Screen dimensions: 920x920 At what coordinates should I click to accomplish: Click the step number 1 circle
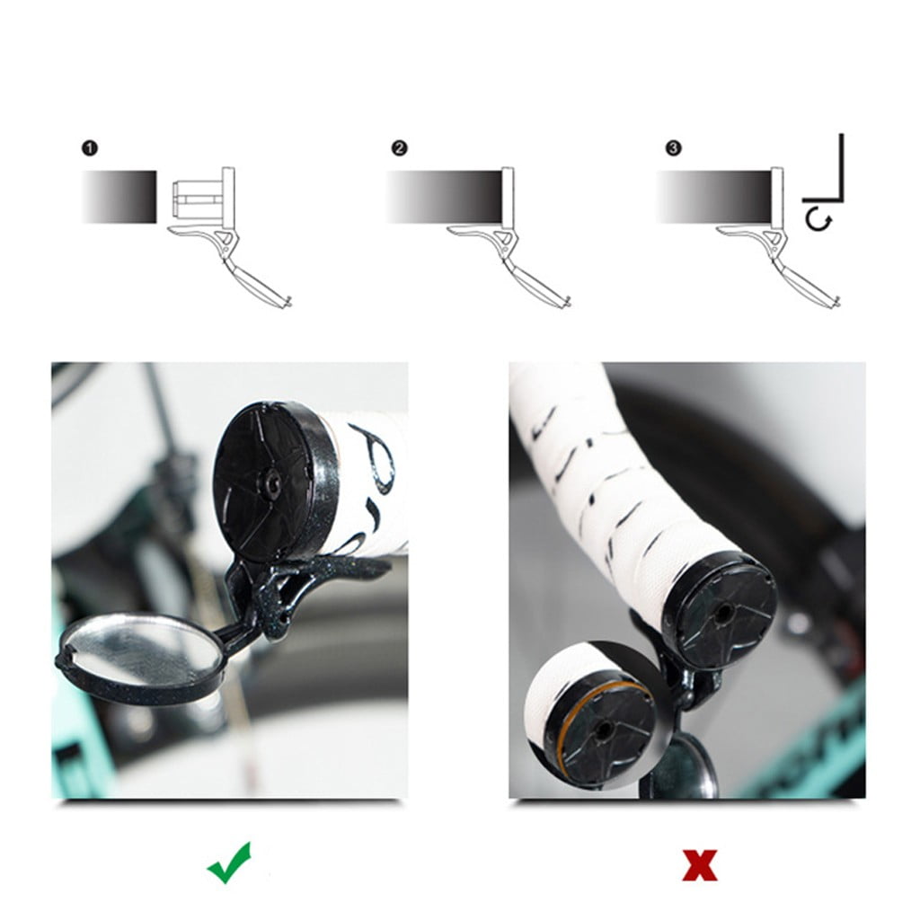89,148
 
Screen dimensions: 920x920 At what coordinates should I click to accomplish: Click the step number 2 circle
399,148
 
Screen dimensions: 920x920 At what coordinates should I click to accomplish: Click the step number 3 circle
673,148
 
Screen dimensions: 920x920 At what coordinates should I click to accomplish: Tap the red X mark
699,864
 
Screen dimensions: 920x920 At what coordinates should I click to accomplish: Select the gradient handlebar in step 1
119,197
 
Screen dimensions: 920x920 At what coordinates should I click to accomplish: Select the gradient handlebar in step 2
444,197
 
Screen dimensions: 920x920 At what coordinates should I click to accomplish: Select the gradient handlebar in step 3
714,197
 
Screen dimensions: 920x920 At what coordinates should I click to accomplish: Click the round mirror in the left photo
142,653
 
